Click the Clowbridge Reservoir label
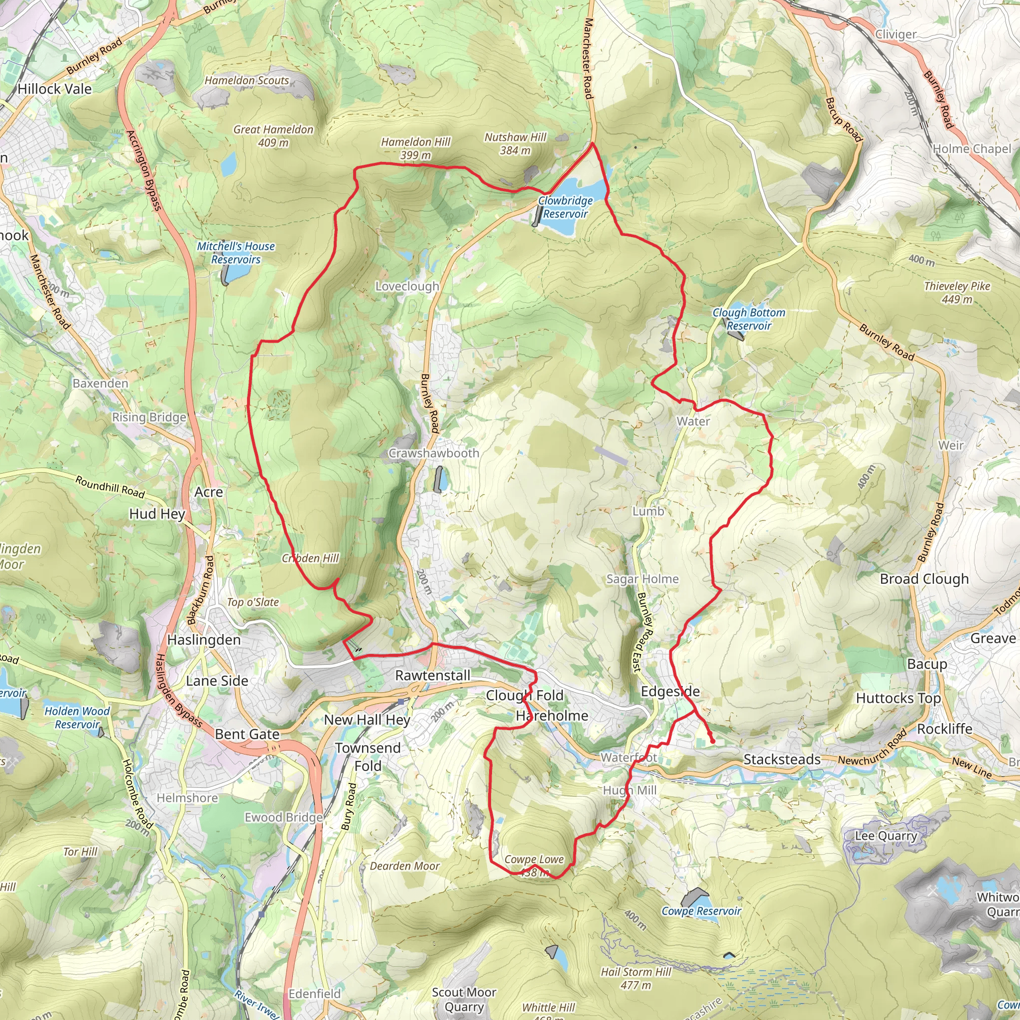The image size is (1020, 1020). tap(565, 207)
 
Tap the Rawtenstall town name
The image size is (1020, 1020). tap(432, 675)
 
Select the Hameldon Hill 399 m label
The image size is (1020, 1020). tap(415, 148)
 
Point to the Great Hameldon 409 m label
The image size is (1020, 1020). tap(273, 135)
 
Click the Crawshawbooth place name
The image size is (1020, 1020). tap(433, 453)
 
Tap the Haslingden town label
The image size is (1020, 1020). tap(204, 640)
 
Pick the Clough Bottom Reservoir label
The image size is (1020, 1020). tap(749, 319)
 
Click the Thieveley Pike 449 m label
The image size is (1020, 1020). tap(957, 292)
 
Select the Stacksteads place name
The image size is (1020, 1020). tap(782, 759)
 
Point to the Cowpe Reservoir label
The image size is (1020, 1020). tap(701, 911)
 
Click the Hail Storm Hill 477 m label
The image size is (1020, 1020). tap(636, 978)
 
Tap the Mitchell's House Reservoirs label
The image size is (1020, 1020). tap(236, 253)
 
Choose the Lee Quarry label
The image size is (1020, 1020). tap(886, 836)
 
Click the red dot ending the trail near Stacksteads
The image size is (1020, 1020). tap(713, 742)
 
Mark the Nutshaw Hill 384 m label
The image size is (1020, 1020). tap(515, 143)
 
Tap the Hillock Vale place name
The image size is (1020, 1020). tap(54, 89)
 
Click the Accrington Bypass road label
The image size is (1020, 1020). tap(143, 170)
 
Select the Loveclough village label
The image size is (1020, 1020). tap(407, 286)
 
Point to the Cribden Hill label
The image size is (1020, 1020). tap(310, 558)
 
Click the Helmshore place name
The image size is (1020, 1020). tap(187, 798)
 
